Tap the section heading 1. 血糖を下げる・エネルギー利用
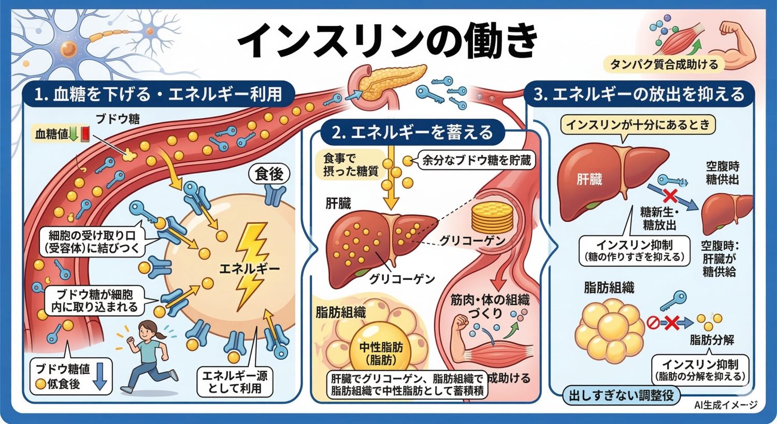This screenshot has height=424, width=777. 158,94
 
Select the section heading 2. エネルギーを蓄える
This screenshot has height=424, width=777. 412,133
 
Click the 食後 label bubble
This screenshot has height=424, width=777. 269,174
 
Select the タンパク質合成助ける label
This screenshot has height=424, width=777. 665,64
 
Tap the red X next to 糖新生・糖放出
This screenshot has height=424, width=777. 669,196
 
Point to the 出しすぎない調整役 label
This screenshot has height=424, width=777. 621,395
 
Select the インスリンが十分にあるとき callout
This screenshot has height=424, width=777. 639,125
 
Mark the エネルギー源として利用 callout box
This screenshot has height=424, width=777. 235,382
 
